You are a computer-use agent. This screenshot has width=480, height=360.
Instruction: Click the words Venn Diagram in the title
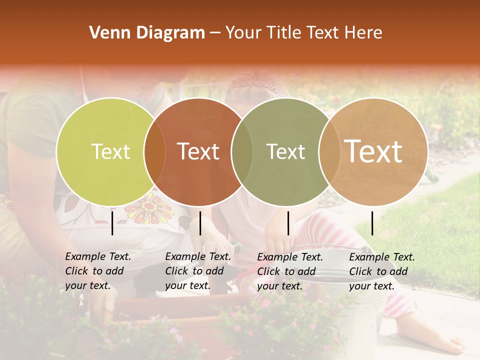(147, 33)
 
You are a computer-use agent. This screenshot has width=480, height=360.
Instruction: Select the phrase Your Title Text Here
(303, 33)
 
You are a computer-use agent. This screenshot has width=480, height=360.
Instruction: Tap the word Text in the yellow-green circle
(110, 151)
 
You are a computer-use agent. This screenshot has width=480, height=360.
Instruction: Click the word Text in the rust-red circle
(198, 151)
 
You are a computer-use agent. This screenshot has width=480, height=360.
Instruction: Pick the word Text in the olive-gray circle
(285, 151)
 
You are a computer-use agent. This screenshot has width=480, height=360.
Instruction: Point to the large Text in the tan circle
(373, 151)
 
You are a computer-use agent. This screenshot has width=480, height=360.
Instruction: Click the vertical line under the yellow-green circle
(112, 223)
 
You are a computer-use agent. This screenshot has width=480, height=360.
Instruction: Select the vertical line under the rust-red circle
(200, 223)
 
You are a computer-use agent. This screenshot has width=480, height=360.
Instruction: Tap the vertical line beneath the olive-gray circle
(288, 223)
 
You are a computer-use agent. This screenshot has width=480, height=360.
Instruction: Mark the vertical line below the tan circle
(372, 223)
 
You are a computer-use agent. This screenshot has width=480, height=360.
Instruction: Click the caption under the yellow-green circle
(98, 271)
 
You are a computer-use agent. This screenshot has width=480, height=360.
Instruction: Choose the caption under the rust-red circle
(198, 271)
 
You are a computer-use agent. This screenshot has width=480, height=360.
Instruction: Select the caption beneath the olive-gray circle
(290, 271)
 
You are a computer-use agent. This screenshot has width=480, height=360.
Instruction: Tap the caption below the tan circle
(382, 271)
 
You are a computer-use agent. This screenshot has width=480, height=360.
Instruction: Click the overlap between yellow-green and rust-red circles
(154, 151)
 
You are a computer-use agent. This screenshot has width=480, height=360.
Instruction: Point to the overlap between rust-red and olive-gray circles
(242, 151)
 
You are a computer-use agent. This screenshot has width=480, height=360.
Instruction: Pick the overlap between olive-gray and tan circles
(329, 151)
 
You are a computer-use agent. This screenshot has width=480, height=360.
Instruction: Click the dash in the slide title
(215, 33)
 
